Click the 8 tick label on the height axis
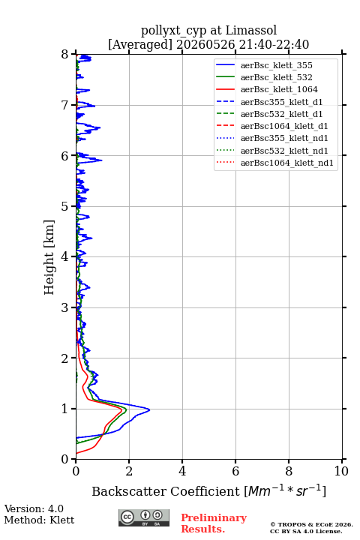65,55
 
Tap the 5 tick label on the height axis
65,206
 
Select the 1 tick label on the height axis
65,409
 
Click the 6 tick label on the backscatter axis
235,471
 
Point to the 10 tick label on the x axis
341,471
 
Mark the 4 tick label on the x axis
182,471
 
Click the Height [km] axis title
49,257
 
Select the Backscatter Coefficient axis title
208,491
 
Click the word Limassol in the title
250,31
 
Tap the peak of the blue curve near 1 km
149,409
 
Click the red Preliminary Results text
214,523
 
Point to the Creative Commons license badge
144,517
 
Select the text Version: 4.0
34,508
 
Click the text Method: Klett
39,520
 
